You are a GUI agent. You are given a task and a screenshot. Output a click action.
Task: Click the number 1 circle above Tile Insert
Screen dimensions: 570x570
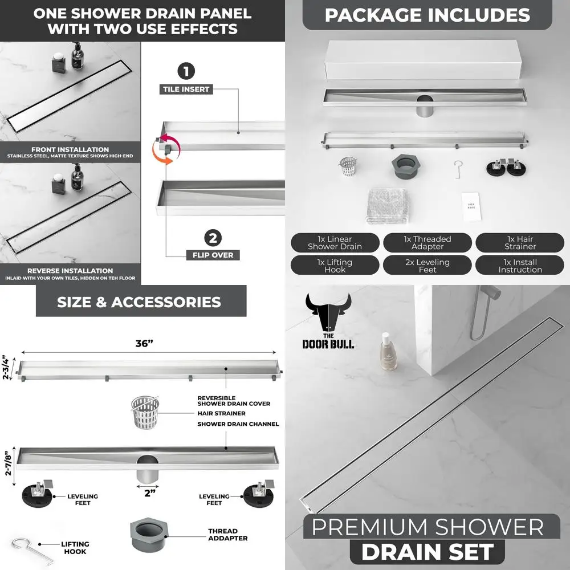[186, 72]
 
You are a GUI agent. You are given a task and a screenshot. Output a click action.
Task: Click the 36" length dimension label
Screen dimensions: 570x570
[145, 343]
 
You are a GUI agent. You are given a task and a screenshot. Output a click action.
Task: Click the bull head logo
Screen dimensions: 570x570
[328, 313]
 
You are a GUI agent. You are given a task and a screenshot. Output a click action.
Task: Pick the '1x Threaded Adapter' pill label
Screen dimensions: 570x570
[427, 243]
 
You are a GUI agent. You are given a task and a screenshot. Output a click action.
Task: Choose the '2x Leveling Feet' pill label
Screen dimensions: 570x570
[427, 266]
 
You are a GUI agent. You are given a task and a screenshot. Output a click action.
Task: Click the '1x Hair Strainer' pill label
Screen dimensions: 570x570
[520, 243]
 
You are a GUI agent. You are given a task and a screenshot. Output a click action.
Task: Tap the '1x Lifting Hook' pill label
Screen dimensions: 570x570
[335, 266]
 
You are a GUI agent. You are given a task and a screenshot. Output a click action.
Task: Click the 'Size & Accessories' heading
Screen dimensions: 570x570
[139, 302]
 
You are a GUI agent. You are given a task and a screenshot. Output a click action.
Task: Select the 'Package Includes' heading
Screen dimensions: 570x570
[427, 15]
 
